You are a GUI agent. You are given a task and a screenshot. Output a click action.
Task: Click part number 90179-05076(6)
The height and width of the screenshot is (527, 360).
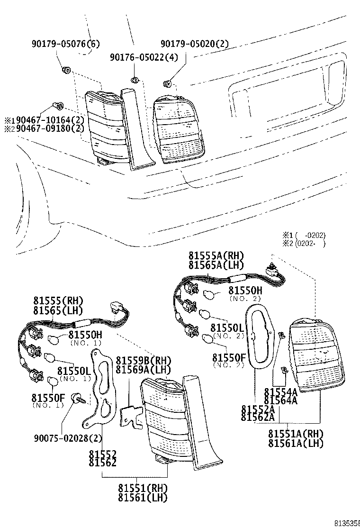pyautogui.click(x=66, y=44)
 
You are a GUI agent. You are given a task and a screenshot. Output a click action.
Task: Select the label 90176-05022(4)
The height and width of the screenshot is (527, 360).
pyautogui.click(x=137, y=57)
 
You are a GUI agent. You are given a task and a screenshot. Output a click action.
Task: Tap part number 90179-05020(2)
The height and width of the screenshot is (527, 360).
pyautogui.click(x=194, y=44)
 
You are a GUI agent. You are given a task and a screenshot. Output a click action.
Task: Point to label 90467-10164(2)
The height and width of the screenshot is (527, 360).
pyautogui.click(x=47, y=119)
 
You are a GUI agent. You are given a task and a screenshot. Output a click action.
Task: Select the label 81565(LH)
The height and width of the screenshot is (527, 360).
pyautogui.click(x=58, y=310)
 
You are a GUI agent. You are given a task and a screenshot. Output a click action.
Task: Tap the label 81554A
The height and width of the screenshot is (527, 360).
pyautogui.click(x=280, y=391)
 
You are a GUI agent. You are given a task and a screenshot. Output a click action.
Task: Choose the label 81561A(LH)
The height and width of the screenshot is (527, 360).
pyautogui.click(x=296, y=443)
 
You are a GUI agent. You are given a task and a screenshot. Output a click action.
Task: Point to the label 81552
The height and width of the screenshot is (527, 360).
pyautogui.click(x=102, y=454)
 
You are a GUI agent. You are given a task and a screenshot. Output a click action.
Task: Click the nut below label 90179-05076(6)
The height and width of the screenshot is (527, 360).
pyautogui.click(x=66, y=71)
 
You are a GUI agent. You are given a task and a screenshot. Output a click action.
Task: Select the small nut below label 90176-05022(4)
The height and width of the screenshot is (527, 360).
pyautogui.click(x=135, y=80)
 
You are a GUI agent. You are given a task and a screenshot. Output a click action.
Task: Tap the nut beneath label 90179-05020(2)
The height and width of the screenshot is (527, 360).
pyautogui.click(x=167, y=84)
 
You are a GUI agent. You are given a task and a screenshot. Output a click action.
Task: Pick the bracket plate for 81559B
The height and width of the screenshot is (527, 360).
pyautogui.click(x=131, y=415)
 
